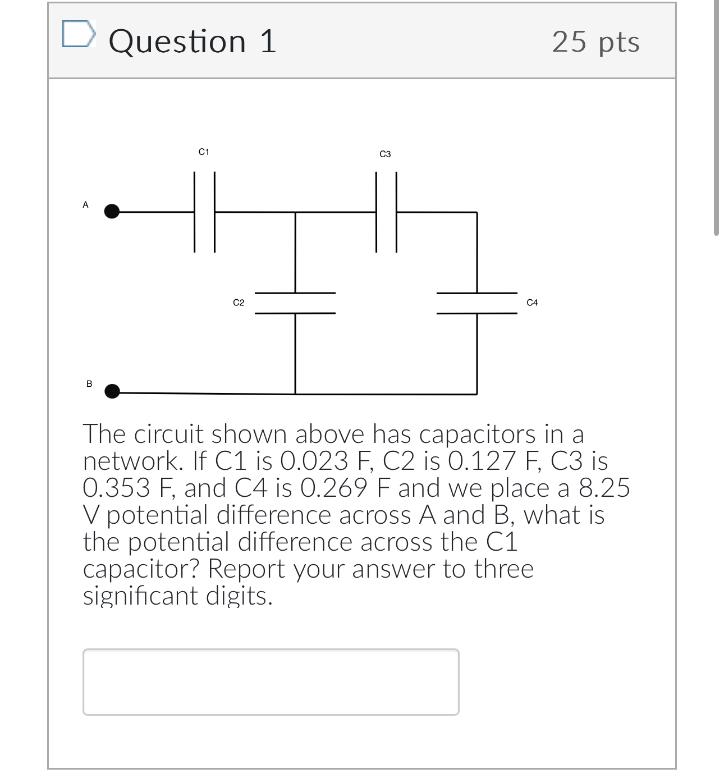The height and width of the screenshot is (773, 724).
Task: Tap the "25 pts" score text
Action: [595, 42]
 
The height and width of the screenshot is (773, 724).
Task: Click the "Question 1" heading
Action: [193, 42]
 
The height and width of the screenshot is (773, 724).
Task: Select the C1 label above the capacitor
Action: [204, 152]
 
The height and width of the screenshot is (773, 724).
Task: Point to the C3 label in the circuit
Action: [385, 154]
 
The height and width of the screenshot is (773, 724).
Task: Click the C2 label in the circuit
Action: [239, 303]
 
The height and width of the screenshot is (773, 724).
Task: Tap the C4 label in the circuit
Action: [532, 303]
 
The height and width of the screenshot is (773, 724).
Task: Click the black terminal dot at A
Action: [112, 212]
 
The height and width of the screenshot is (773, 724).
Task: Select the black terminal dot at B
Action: [112, 391]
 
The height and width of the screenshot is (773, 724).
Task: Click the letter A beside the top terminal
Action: [86, 205]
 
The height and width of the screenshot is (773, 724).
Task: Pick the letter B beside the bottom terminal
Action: [89, 384]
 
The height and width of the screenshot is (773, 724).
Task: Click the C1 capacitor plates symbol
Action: [204, 212]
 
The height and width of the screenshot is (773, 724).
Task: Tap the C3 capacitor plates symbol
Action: [386, 212]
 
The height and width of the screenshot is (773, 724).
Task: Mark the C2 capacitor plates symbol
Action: [295, 303]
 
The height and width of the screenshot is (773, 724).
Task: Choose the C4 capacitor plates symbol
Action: [477, 303]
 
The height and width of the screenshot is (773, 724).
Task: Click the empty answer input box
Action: [271, 681]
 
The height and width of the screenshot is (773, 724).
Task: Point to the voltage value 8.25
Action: [604, 488]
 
